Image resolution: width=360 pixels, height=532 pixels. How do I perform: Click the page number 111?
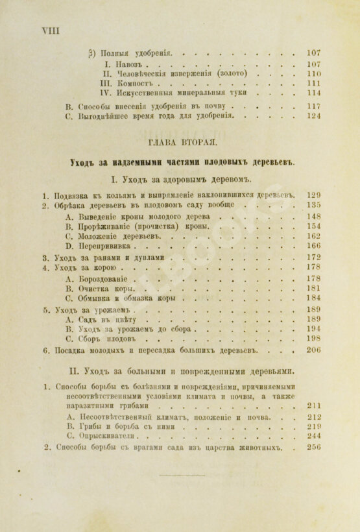[x=314, y=84]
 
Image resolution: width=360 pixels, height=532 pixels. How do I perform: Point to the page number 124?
[x=314, y=116]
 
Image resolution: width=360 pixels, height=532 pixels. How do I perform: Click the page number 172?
[x=314, y=258]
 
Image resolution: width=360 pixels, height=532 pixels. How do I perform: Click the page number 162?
[x=314, y=236]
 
